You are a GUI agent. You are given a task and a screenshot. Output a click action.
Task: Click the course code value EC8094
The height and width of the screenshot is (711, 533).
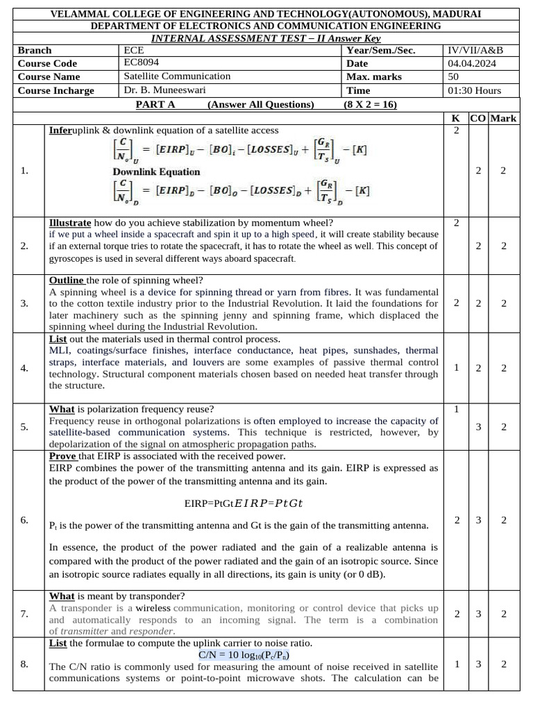click(x=139, y=63)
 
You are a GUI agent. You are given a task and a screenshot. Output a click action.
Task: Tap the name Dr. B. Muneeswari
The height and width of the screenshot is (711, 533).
click(x=166, y=90)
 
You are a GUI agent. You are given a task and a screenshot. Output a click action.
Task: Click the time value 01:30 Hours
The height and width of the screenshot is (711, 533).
click(x=475, y=90)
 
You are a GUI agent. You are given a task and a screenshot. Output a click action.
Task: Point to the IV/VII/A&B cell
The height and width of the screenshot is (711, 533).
click(x=475, y=50)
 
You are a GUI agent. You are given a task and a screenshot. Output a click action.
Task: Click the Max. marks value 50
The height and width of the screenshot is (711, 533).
click(x=453, y=76)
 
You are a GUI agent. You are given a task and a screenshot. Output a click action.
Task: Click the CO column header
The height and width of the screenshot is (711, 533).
click(x=478, y=118)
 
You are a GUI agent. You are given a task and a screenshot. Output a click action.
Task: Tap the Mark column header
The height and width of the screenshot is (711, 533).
click(x=503, y=118)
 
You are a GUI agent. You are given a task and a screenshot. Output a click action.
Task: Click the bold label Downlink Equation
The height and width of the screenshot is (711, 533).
click(x=156, y=172)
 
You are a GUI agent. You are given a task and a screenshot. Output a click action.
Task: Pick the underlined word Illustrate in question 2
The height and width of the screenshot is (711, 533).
click(x=70, y=223)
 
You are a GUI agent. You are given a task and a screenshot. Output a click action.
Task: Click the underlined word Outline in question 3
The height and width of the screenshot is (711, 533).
click(x=67, y=280)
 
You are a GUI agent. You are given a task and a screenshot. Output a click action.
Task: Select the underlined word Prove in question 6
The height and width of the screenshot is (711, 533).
click(x=62, y=456)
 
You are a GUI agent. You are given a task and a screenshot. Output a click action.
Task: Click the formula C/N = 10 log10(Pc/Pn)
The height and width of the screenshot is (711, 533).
click(x=244, y=655)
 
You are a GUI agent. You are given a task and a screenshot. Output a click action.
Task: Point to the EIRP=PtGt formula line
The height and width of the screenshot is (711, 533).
click(x=244, y=503)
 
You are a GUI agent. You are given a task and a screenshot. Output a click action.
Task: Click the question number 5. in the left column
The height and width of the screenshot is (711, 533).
click(x=25, y=426)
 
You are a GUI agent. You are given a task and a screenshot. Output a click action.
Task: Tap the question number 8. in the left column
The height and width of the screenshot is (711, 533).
click(x=25, y=664)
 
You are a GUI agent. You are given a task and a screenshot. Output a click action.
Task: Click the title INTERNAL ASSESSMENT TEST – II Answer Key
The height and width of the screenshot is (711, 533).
click(x=266, y=37)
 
